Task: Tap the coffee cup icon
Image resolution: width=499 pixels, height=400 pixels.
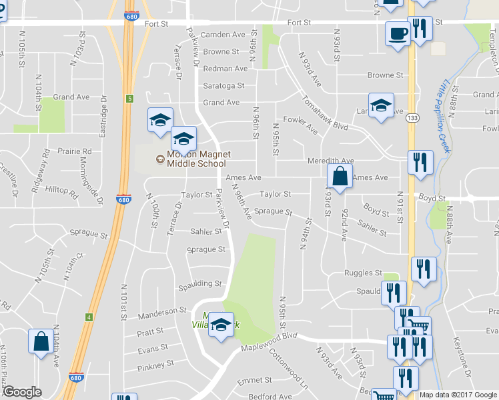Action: coord(398,34)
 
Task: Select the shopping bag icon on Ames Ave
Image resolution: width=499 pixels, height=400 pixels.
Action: coord(340,177)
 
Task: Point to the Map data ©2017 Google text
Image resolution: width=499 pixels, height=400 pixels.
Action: coord(458,395)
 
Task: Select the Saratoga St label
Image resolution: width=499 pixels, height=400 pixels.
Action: coord(224,86)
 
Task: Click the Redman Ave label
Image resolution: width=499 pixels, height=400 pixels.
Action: coord(225,69)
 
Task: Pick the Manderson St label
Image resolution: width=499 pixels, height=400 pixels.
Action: coord(163,311)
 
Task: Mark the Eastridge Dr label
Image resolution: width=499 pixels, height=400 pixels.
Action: coord(103,120)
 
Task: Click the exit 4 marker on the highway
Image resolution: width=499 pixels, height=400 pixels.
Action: coord(89,317)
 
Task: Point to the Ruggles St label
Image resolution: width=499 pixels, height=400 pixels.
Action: coord(363,273)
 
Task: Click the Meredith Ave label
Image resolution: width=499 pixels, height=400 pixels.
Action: coord(330,161)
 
